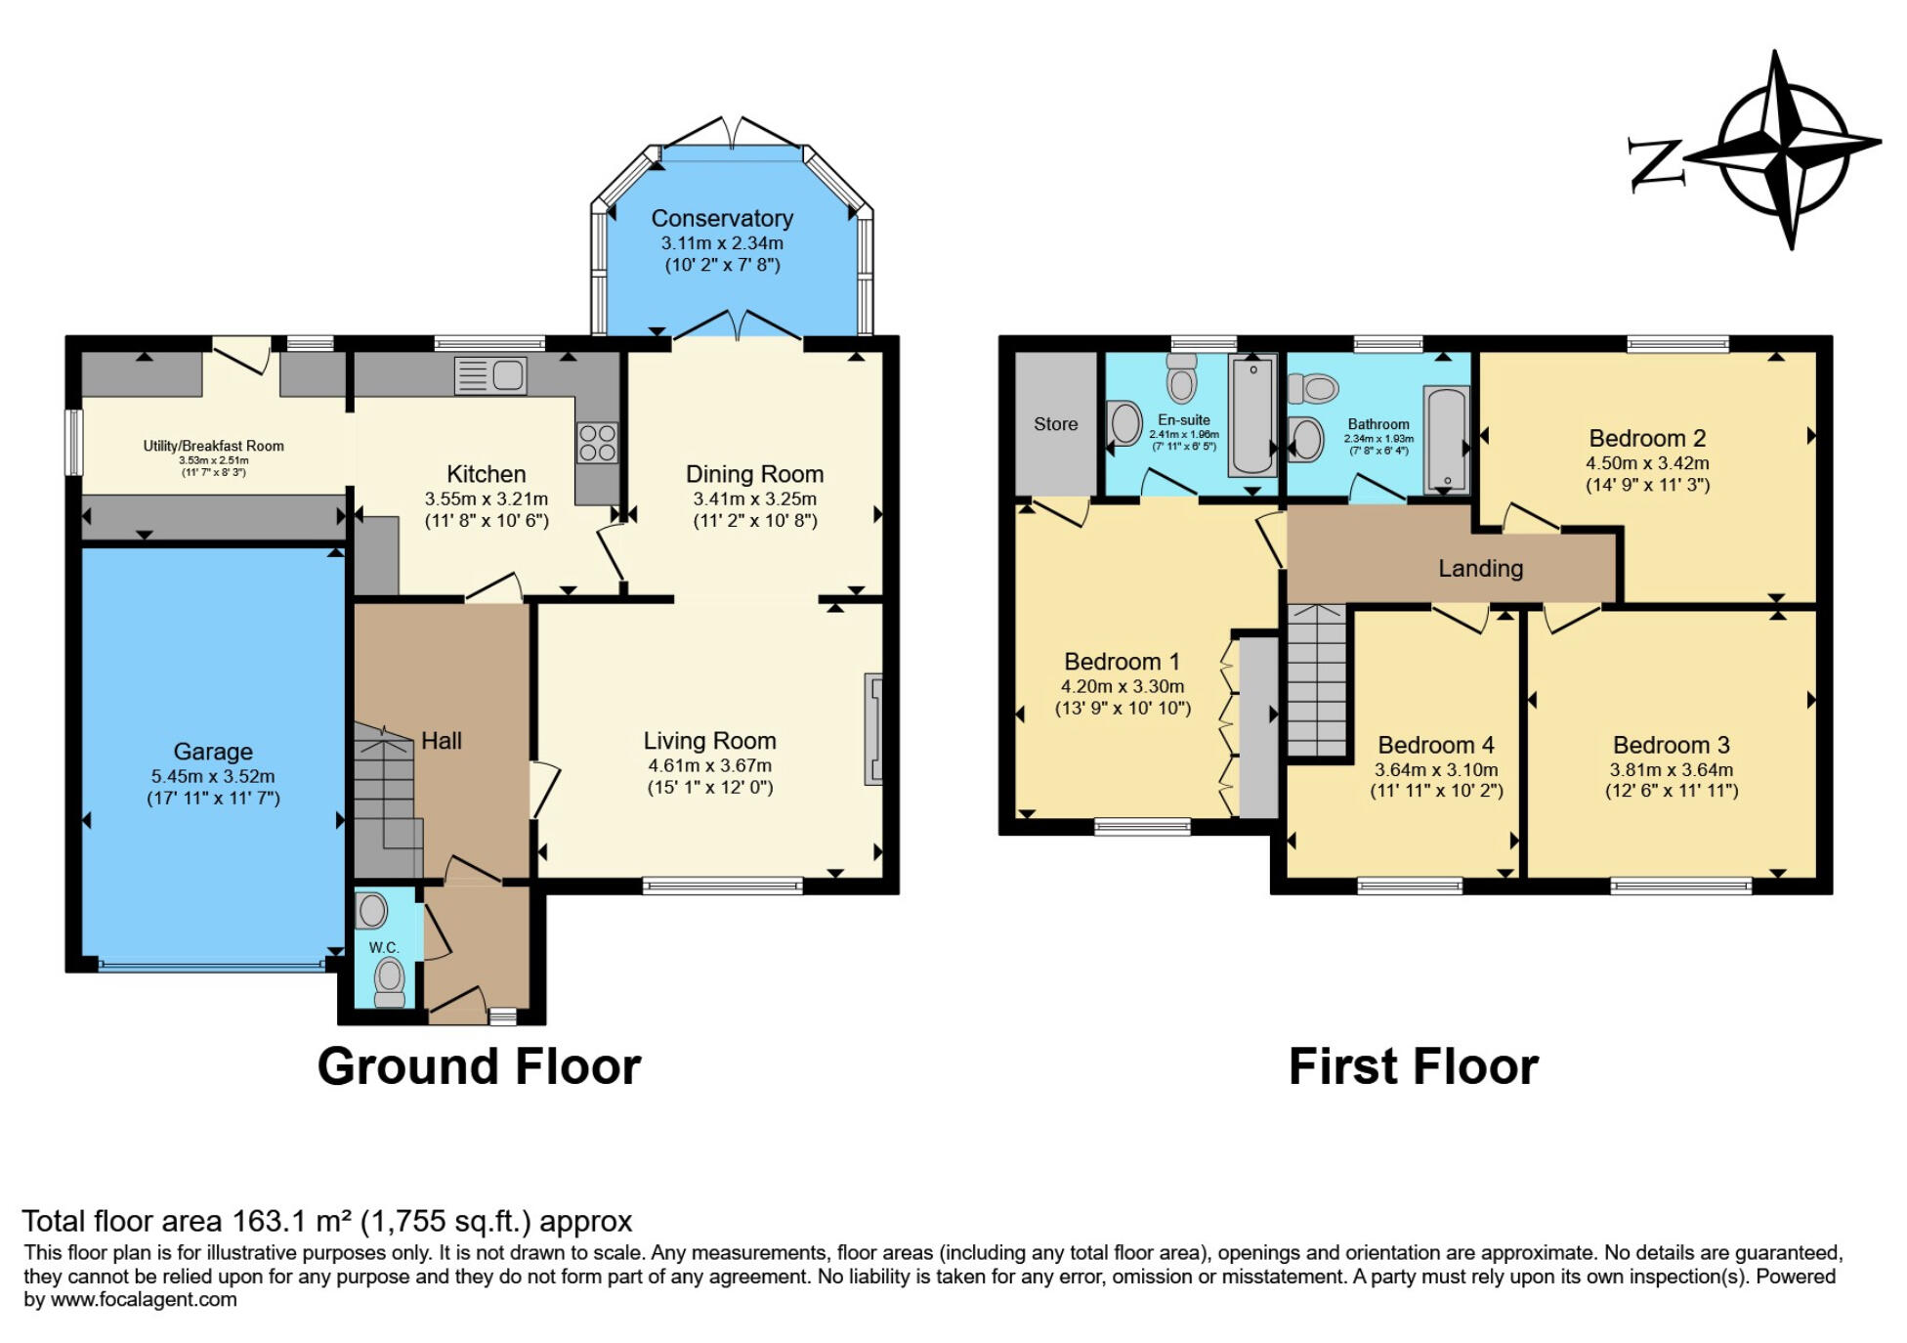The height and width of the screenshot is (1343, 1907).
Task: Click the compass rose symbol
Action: pyautogui.click(x=1784, y=150)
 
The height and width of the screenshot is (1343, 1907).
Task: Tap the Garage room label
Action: pyautogui.click(x=213, y=752)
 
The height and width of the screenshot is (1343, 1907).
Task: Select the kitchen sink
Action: pyautogui.click(x=490, y=375)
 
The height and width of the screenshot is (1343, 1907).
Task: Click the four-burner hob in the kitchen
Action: pyautogui.click(x=597, y=442)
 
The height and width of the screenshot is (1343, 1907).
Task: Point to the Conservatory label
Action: pyautogui.click(x=722, y=218)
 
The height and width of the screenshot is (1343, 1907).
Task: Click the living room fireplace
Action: pyautogui.click(x=873, y=729)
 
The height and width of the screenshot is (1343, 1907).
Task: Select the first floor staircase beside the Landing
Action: pyautogui.click(x=1317, y=680)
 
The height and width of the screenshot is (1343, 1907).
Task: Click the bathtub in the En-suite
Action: pyautogui.click(x=1252, y=414)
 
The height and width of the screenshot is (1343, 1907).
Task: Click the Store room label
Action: pyautogui.click(x=1056, y=424)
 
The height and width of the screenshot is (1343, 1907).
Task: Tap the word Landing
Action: pyautogui.click(x=1480, y=568)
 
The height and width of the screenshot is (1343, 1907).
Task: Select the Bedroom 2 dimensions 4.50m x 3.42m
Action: pyautogui.click(x=1647, y=463)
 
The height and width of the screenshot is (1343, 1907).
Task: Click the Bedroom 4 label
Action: pyautogui.click(x=1436, y=746)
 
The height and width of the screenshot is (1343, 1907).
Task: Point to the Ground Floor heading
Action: pyautogui.click(x=480, y=1066)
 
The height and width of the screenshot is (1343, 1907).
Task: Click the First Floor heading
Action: pyautogui.click(x=1414, y=1066)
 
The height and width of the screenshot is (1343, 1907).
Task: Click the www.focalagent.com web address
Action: pyautogui.click(x=143, y=1300)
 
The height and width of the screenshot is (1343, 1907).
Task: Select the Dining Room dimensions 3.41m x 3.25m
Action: pyautogui.click(x=755, y=498)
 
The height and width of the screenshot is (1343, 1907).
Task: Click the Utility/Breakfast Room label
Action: pyautogui.click(x=214, y=446)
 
